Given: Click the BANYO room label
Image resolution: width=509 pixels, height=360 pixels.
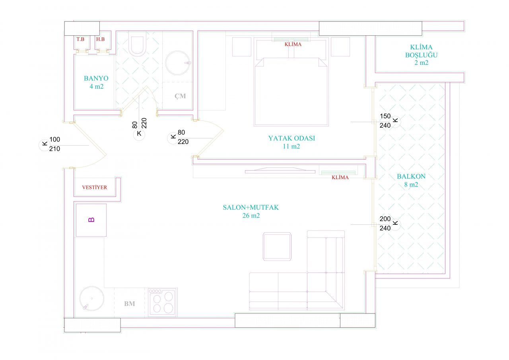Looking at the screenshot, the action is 96,78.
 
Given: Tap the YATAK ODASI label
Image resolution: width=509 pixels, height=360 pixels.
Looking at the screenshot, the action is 291,138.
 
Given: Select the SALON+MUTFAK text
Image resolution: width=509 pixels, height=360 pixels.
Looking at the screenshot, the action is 251,207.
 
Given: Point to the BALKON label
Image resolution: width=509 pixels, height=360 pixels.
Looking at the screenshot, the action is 411,176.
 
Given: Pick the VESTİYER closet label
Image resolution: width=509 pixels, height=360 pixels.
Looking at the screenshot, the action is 95,187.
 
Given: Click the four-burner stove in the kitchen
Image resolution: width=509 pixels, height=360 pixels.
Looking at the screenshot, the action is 162,302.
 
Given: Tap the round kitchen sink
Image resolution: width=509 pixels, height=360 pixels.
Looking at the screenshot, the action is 92,298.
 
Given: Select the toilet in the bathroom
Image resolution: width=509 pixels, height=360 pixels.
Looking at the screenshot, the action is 137,44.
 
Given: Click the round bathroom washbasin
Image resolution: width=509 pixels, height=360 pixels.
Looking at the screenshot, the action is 177,63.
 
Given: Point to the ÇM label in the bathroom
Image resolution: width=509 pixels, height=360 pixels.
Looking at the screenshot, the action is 180,96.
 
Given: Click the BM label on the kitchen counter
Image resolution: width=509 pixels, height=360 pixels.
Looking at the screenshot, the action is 130,304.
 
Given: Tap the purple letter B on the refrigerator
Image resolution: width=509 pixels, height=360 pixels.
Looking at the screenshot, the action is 91,220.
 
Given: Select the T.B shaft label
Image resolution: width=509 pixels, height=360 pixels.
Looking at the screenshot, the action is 80,39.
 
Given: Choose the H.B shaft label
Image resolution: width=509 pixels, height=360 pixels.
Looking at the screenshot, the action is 100,39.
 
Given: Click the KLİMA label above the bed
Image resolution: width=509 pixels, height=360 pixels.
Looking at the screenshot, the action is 293,44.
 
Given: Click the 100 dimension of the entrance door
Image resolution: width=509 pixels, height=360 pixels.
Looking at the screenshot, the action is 55,139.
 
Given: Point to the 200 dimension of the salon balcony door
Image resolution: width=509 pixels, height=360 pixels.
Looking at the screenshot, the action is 385,219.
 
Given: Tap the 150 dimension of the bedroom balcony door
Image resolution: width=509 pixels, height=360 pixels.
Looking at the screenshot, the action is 385,116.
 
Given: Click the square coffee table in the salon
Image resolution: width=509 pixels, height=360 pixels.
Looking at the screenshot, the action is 277,246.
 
